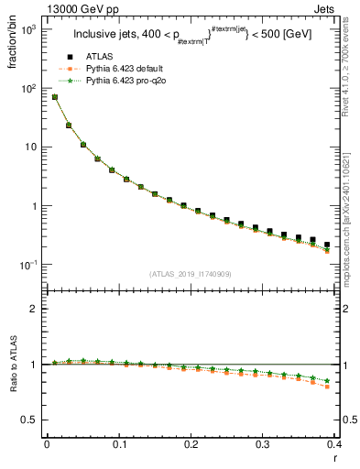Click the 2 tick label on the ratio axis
click(x=33, y=309)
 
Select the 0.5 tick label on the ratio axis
click(x=29, y=420)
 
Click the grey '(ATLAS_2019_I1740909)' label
click(x=190, y=274)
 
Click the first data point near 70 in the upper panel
click(x=55, y=97)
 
